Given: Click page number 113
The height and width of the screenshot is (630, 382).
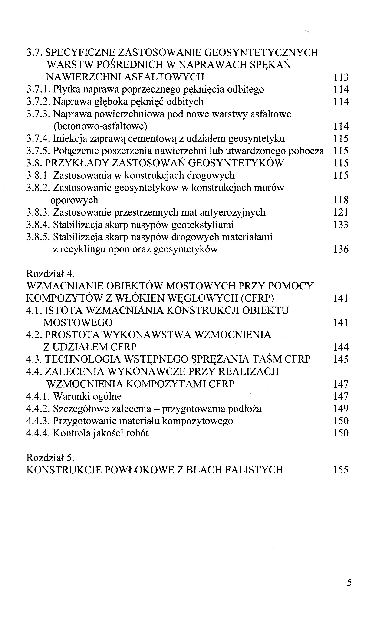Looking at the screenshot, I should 341,77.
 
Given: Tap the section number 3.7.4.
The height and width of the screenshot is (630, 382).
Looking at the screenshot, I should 38,139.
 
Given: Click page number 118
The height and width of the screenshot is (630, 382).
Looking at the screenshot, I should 341,200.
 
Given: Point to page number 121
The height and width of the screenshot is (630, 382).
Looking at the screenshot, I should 341,212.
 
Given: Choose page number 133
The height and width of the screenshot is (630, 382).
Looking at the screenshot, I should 341,225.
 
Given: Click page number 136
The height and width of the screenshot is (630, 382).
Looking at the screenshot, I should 341,249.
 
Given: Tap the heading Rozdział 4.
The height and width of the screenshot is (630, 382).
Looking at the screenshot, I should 50,274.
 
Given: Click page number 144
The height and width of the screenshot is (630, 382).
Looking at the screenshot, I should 341,347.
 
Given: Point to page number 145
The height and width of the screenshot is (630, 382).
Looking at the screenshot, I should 341,359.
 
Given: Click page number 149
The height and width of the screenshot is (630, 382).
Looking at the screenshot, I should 341,409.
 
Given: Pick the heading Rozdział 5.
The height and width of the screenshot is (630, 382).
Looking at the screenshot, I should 50,458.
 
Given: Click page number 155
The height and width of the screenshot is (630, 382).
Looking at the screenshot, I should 341,470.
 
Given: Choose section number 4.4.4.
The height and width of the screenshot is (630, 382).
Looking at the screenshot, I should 38,433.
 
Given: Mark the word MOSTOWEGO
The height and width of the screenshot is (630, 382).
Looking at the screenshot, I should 78,323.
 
